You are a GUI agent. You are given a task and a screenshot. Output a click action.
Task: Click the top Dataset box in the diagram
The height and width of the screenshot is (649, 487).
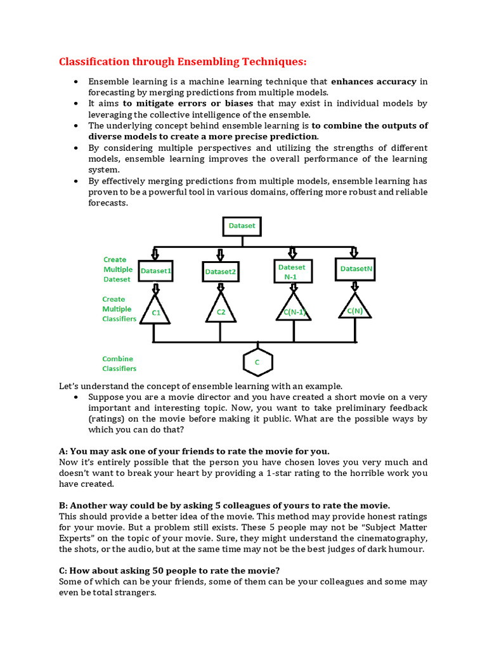242,225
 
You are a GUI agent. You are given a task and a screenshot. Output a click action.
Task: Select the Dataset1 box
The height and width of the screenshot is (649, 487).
156,271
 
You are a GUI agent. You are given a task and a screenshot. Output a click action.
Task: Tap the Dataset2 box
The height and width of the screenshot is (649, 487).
220,272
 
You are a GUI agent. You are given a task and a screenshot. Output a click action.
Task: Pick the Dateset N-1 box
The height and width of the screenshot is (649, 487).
292,271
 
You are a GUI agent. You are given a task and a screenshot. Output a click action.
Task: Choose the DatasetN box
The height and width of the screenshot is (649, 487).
356,269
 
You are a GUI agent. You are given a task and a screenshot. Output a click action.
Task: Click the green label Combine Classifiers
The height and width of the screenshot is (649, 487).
119,363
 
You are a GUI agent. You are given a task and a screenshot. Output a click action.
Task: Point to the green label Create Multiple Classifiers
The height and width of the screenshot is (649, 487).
119,309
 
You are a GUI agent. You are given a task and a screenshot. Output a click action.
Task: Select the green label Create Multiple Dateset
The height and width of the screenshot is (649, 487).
117,269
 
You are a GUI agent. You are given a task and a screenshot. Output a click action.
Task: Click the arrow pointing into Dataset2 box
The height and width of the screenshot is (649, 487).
220,254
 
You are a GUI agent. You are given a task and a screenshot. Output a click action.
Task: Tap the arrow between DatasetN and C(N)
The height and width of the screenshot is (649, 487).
355,286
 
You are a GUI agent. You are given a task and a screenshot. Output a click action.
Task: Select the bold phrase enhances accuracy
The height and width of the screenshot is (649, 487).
373,82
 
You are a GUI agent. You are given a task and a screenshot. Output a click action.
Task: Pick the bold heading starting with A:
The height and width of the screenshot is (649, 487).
194,451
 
